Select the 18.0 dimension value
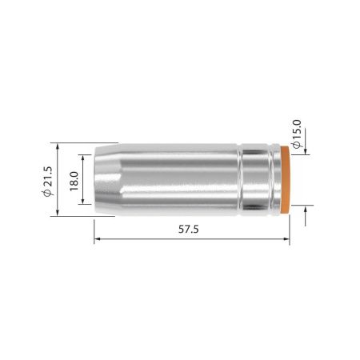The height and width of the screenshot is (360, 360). click(73, 180)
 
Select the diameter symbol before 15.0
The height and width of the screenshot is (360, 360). click(297, 147)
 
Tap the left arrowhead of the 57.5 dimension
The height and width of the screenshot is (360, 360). click(98, 239)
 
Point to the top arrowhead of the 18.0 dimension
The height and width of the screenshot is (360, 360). click(84, 156)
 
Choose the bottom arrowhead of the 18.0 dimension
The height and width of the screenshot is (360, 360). click(84, 204)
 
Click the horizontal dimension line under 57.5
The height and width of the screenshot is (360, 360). click(160, 239)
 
